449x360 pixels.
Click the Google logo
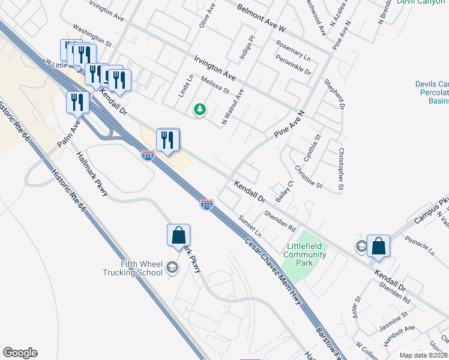tap(20, 353)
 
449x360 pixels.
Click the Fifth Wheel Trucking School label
tap(132, 268)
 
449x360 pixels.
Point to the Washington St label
tap(92, 35)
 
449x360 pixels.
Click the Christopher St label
tap(341, 170)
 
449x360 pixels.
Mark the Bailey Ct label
tap(283, 191)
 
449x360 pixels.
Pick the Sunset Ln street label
tap(250, 225)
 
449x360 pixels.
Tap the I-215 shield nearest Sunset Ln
tap(206, 205)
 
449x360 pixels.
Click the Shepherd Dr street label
tap(334, 94)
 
